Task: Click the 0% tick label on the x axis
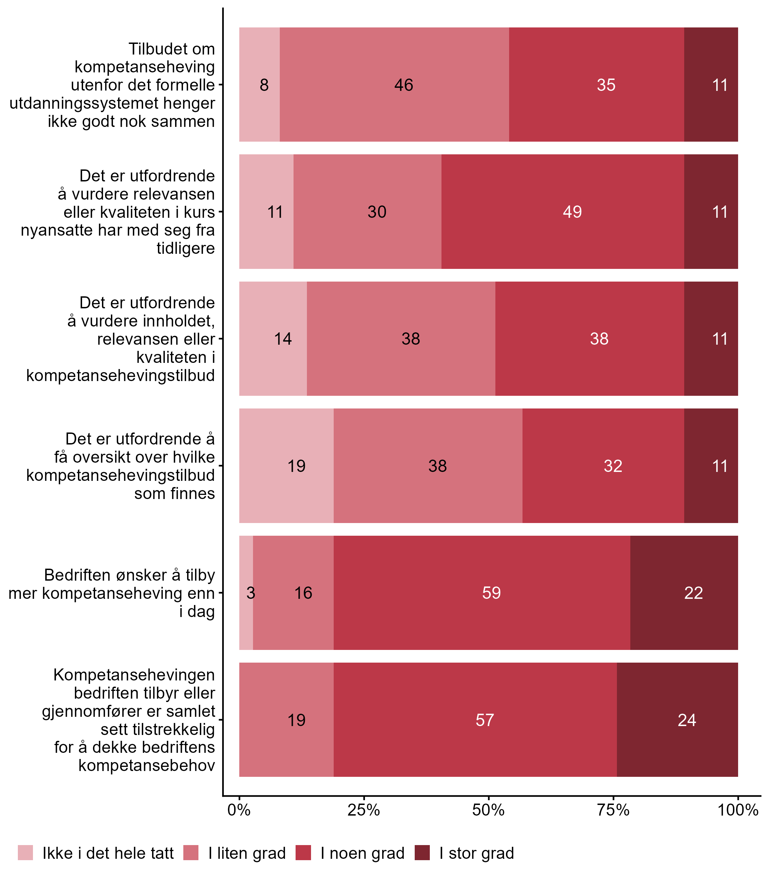click(x=239, y=810)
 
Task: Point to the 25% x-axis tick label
click(x=364, y=810)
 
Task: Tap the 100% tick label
click(x=738, y=810)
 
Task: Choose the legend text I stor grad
click(x=477, y=853)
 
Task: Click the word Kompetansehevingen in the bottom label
click(x=134, y=675)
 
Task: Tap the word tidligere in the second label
click(x=185, y=248)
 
